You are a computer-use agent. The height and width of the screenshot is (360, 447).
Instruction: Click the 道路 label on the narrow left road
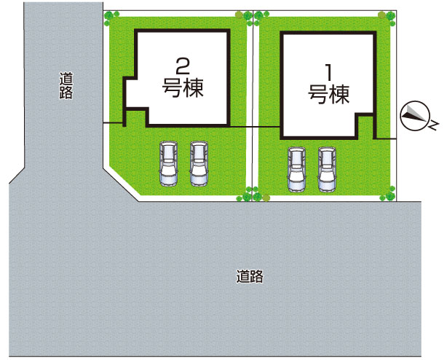click(66, 85)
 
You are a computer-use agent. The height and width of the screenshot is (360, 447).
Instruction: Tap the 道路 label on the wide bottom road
click(250, 277)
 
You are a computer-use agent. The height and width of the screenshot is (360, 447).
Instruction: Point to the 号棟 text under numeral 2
click(183, 89)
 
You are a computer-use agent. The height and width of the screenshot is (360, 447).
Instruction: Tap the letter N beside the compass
click(432, 121)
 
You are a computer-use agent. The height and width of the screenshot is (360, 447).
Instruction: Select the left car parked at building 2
click(168, 163)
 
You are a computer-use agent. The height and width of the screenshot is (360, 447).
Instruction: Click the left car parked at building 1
click(296, 169)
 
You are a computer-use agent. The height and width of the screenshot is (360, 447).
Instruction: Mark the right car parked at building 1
click(327, 169)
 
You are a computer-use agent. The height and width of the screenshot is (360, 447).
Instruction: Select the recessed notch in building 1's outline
click(365, 126)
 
